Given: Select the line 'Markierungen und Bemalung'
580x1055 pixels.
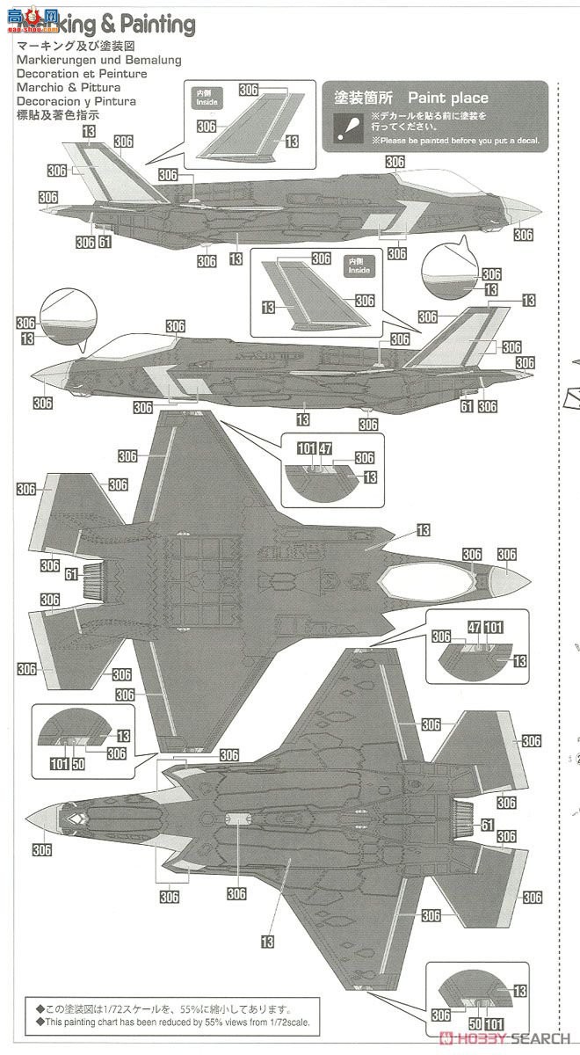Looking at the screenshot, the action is pos(98,60).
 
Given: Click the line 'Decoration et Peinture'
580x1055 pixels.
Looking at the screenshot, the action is pos(82,74).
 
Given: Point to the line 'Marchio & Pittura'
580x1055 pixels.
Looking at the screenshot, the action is pos(69,87).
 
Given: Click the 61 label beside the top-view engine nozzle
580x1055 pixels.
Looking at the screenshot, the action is pos(53,573).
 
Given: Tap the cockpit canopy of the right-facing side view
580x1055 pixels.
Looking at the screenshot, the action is pos(439,180).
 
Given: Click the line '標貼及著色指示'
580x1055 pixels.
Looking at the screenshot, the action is pos(58,114).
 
